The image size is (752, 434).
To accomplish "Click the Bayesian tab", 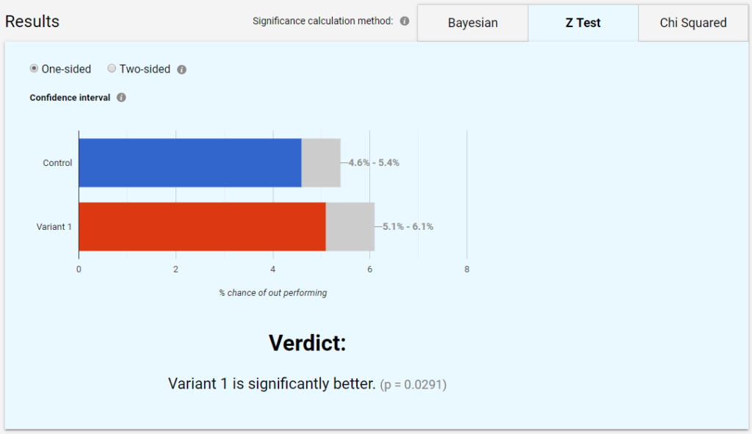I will click(x=472, y=23).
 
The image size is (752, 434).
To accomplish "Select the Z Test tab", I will click(x=583, y=23).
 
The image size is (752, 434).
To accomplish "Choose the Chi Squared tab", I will click(x=693, y=23).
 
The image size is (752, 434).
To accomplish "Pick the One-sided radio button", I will click(x=34, y=69).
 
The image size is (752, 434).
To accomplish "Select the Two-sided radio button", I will click(x=112, y=69).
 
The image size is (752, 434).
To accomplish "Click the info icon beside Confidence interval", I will click(x=121, y=98).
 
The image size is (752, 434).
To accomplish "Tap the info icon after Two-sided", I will click(x=182, y=70).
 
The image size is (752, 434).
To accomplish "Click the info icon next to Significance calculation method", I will click(x=405, y=21).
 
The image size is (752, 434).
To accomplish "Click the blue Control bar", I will click(x=189, y=162).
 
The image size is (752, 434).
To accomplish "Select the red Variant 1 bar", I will click(x=202, y=226).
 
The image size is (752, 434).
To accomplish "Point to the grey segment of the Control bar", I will click(x=321, y=162).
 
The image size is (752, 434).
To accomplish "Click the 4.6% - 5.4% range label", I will click(x=374, y=163).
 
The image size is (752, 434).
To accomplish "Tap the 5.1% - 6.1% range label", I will click(x=408, y=227).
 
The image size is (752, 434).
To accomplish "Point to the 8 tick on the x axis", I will click(x=467, y=270).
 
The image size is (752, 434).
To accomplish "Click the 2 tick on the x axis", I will click(x=176, y=270).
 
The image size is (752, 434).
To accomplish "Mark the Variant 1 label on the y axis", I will click(x=54, y=227).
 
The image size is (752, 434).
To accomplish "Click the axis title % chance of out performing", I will click(x=272, y=293).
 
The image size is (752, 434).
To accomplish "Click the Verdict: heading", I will click(x=307, y=343).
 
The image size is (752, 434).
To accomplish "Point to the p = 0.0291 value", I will click(x=413, y=385).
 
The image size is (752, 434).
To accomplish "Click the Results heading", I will click(x=32, y=21).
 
